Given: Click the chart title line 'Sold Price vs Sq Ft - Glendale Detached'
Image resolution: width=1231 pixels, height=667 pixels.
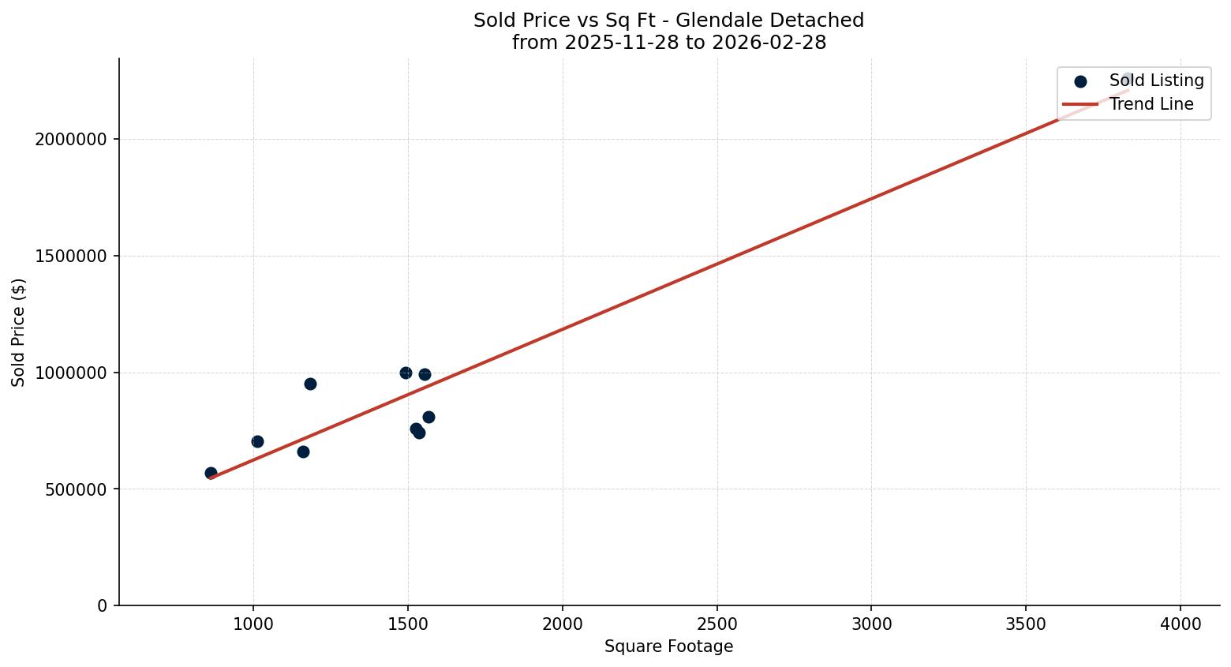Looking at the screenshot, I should (668, 21).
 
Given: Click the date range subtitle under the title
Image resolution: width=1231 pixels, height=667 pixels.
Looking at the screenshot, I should (668, 43).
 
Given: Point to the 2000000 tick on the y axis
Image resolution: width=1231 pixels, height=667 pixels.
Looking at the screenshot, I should (71, 140).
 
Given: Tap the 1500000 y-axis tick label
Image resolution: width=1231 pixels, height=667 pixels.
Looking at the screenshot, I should (71, 257).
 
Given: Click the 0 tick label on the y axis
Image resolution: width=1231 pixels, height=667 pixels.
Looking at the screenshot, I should (102, 606).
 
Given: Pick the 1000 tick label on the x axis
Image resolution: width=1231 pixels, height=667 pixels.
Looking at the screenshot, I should (253, 624).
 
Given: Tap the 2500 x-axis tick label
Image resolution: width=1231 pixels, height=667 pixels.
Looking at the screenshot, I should (717, 624).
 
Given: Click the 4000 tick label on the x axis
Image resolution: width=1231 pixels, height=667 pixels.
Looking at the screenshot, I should (1180, 624).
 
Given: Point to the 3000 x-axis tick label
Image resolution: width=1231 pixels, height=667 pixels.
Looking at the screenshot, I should (871, 624).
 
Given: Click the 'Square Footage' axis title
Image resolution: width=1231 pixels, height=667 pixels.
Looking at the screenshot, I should (668, 647).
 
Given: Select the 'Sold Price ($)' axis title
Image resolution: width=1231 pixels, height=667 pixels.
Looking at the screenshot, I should (19, 332).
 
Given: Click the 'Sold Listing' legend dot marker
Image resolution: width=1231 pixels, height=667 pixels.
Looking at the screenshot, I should (1080, 81).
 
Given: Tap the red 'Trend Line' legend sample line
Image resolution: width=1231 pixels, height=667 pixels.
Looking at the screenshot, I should (1080, 104).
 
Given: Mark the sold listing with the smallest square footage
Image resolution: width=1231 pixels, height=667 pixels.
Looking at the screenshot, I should (211, 473).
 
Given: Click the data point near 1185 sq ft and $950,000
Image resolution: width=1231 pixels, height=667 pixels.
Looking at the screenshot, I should (310, 384).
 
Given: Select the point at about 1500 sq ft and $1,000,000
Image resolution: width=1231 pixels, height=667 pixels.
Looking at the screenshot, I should (406, 373).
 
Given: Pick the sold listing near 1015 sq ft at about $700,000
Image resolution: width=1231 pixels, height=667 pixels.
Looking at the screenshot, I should (257, 441).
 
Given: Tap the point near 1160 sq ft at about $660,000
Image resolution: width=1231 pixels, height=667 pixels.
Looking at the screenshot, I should (303, 452).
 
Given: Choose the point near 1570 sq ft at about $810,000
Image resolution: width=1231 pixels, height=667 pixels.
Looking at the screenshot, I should (428, 417).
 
